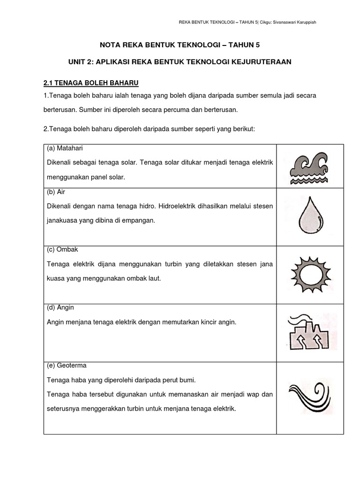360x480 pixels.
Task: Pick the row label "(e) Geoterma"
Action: point(67,365)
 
